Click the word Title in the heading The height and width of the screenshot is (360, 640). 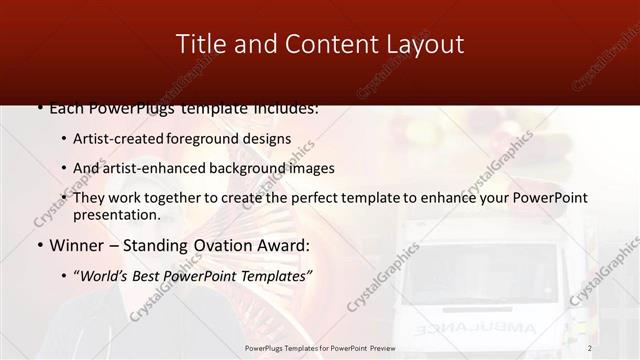click(x=199, y=44)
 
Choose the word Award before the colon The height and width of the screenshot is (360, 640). click(x=285, y=245)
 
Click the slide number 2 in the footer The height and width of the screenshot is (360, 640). click(x=590, y=348)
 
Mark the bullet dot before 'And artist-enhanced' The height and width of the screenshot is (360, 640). click(x=65, y=169)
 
